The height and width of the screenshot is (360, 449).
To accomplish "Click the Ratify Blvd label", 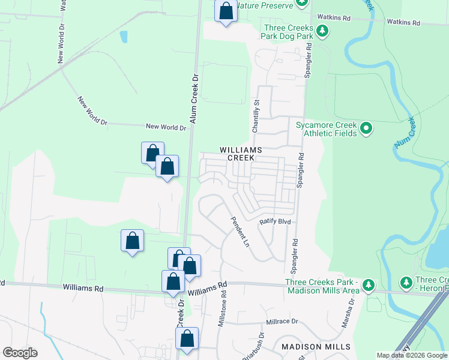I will pyautogui.click(x=275, y=221).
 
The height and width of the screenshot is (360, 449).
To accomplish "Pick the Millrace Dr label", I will pyautogui.click(x=282, y=322).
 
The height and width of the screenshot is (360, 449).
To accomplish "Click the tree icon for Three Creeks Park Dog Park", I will pyautogui.click(x=322, y=31).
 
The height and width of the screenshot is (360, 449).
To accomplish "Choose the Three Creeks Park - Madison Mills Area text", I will pyautogui.click(x=322, y=286).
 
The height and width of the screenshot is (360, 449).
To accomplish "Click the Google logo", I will pyautogui.click(x=20, y=353).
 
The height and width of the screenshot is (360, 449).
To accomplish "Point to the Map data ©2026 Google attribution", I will pyautogui.click(x=412, y=355).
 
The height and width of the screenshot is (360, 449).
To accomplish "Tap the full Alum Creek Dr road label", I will pyautogui.click(x=194, y=100).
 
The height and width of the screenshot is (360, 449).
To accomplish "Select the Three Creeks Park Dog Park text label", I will pyautogui.click(x=289, y=32).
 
